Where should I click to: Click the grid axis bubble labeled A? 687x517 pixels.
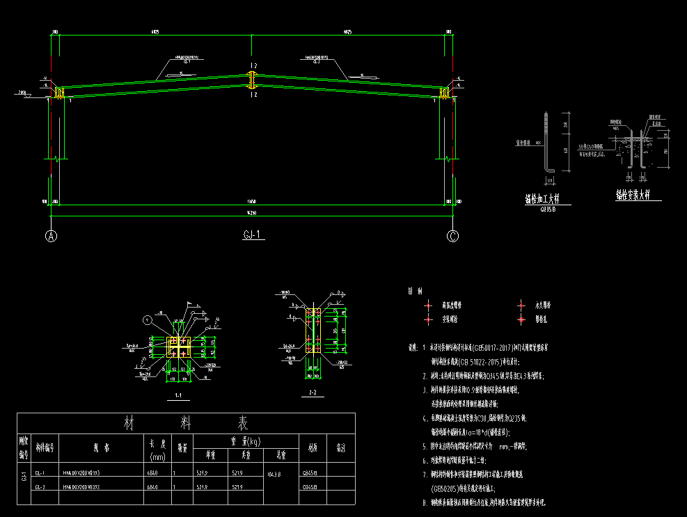51,235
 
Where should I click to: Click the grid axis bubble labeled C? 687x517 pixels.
453,235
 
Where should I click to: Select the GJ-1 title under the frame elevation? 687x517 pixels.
251,235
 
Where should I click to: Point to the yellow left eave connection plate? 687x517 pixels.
59,92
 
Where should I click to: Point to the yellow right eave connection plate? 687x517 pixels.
445,92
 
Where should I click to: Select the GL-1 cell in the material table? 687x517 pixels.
40,472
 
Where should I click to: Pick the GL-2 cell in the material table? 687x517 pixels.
40,486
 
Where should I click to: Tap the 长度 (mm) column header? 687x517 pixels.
157,449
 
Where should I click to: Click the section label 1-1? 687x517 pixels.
179,397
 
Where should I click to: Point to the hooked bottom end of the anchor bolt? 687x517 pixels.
549,168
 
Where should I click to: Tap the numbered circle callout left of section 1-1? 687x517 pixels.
146,320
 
